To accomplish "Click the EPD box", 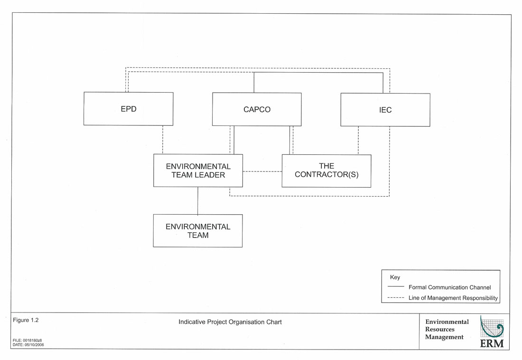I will click(x=128, y=109).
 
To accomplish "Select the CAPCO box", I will click(x=257, y=109).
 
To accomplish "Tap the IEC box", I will click(x=385, y=110).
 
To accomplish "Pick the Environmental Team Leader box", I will click(x=198, y=171).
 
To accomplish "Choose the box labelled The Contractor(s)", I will click(x=326, y=171).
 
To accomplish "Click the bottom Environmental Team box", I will click(x=197, y=231).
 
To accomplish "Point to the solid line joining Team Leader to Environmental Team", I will click(x=197, y=200).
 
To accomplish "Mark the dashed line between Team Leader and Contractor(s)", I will click(x=262, y=171).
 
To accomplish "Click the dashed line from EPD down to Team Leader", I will click(x=163, y=140).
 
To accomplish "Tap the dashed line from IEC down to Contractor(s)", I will click(x=358, y=141).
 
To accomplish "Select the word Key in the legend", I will click(x=395, y=277).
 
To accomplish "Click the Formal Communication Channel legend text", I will click(x=449, y=287).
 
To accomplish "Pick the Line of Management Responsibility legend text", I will click(x=453, y=298).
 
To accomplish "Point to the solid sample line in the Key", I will click(x=396, y=287).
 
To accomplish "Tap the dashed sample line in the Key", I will click(x=396, y=298).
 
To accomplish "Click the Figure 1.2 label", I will click(x=26, y=320).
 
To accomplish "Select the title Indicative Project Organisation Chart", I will click(x=230, y=322).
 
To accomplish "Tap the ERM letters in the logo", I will click(x=492, y=343).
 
